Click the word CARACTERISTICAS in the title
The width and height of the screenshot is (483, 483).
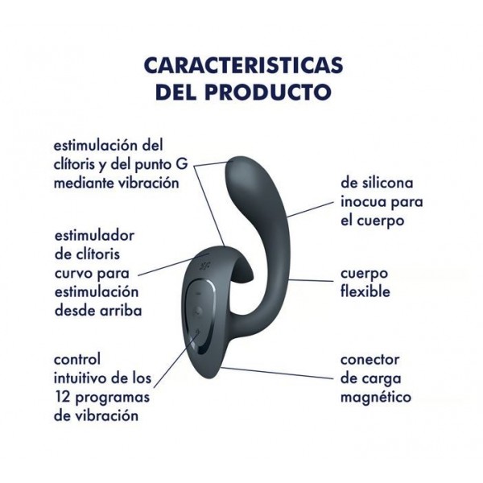tap(243, 65)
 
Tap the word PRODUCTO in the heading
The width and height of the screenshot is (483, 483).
tap(268, 92)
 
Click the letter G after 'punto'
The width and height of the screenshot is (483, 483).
tap(182, 163)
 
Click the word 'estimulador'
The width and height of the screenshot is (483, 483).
tap(94, 236)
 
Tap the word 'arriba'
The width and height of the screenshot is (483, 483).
tap(123, 310)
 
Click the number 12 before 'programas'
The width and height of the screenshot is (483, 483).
tap(62, 397)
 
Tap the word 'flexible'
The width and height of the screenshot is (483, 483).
tap(365, 291)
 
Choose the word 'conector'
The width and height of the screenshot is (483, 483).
tap(370, 360)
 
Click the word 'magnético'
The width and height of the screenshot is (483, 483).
tap(376, 397)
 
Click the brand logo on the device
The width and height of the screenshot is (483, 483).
tap(204, 265)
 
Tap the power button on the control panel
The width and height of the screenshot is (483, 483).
tap(197, 332)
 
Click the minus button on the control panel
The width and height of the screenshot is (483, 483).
tap(198, 293)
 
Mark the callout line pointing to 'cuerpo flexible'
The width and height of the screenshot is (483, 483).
tap(312, 280)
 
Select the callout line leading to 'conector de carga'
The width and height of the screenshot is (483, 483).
tap(277, 373)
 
